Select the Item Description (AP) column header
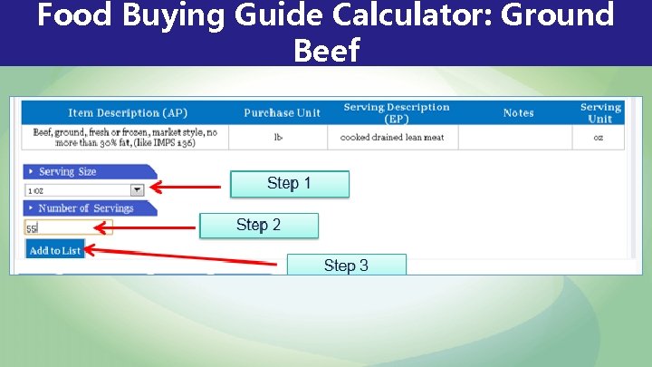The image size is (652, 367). click(128, 113)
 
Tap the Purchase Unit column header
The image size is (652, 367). click(282, 113)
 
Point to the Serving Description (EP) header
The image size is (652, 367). click(396, 112)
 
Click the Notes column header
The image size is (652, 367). click(518, 113)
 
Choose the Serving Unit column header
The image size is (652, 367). click(600, 112)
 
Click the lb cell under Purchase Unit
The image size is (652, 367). click(279, 138)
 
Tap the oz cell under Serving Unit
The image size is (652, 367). click(598, 138)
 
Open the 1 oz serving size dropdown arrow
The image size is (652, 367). click(138, 190)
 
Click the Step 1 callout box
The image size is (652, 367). click(289, 184)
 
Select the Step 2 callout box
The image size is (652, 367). click(258, 225)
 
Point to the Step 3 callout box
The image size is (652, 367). click(346, 265)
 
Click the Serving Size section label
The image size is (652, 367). click(68, 172)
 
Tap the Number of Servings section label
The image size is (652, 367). click(86, 208)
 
